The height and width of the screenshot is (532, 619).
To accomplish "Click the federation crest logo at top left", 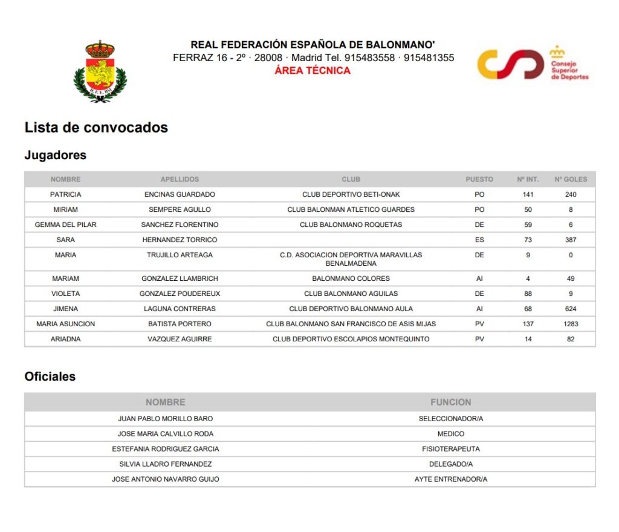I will (x=100, y=71).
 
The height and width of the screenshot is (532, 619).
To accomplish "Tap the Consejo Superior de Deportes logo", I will (x=533, y=64).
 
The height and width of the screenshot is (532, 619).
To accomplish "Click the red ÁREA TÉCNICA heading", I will (x=313, y=70).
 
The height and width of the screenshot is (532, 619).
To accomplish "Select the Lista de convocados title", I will (x=96, y=128).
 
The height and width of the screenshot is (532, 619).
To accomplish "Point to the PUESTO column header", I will (x=479, y=179).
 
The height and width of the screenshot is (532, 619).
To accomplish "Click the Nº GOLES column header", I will (x=571, y=179).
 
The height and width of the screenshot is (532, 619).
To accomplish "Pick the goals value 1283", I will (x=571, y=324).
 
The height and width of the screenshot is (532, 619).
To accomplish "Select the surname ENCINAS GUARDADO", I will (x=180, y=194).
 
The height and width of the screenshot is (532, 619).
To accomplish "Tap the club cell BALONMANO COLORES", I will (x=351, y=278).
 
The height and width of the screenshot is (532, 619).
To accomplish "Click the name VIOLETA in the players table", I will (x=65, y=294).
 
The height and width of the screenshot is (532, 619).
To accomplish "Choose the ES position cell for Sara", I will (x=479, y=240).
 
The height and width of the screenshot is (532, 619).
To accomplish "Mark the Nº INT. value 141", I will (x=528, y=194).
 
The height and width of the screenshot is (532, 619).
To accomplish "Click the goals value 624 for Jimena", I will (x=571, y=309).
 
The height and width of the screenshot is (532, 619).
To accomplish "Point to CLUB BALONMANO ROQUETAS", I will (x=351, y=225).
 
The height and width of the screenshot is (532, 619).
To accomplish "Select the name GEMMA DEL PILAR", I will (x=65, y=225).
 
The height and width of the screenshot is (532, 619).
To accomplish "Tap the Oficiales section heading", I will (x=50, y=376).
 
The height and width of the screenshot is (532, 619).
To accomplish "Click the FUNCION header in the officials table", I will (x=450, y=402).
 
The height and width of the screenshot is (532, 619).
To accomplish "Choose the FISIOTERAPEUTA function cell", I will (x=450, y=449).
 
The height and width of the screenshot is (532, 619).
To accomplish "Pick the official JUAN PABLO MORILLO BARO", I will (x=165, y=419).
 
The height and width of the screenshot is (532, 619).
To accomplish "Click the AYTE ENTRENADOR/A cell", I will (x=450, y=479).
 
